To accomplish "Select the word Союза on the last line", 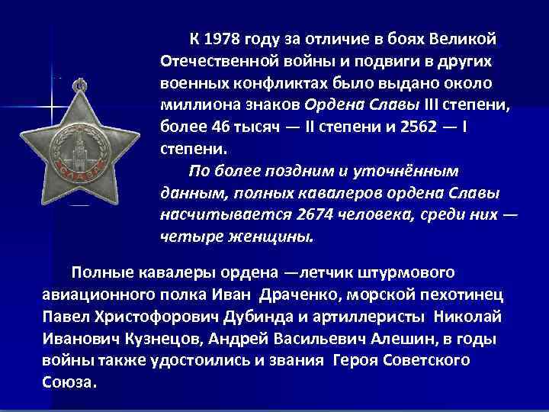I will pos(67,382).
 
